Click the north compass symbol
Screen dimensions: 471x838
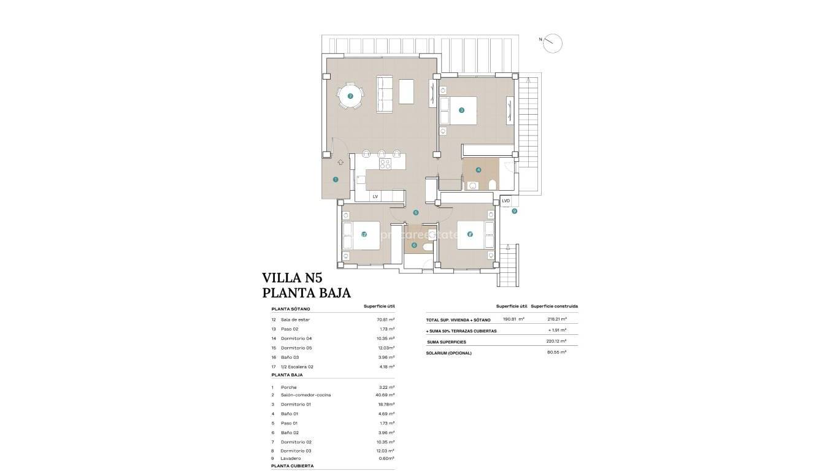(553, 42)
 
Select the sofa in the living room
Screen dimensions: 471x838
(385, 94)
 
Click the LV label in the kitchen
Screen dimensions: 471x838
(375, 196)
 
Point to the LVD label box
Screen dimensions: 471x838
(505, 201)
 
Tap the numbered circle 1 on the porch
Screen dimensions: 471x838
(336, 180)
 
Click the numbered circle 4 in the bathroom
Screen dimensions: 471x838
(479, 170)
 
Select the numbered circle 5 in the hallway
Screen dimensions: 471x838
(416, 213)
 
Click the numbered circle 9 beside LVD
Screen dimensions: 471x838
(515, 211)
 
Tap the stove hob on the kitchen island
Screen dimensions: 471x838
(385, 164)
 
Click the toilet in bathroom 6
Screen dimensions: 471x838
(427, 245)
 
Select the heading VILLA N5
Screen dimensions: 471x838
(292, 277)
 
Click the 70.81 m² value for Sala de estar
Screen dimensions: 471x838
(385, 320)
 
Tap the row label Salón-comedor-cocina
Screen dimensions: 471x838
(306, 395)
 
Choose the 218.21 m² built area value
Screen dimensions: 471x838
(556, 319)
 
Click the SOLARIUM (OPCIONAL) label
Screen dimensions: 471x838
(450, 353)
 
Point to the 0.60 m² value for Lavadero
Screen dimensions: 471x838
(386, 458)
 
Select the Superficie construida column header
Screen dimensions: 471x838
(554, 306)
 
